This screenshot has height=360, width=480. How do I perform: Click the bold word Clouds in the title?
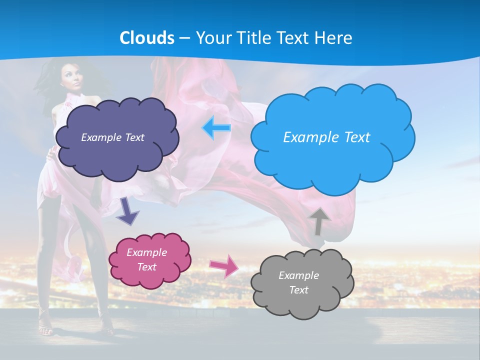pyautogui.click(x=147, y=38)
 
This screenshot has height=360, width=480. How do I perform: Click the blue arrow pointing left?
pyautogui.click(x=216, y=128)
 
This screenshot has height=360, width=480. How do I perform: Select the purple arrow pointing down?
pyautogui.click(x=128, y=210)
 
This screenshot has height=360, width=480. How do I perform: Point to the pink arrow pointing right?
pyautogui.click(x=224, y=265)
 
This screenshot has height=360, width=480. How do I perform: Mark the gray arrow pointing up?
pyautogui.click(x=318, y=220)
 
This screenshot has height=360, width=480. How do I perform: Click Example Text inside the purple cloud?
pyautogui.click(x=112, y=137)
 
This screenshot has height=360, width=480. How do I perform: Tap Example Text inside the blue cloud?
pyautogui.click(x=326, y=137)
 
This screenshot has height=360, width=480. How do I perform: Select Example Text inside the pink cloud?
pyautogui.click(x=147, y=259)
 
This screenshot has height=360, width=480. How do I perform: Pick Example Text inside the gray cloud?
pyautogui.click(x=298, y=282)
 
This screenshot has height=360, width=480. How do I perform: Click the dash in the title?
pyautogui.click(x=184, y=38)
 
